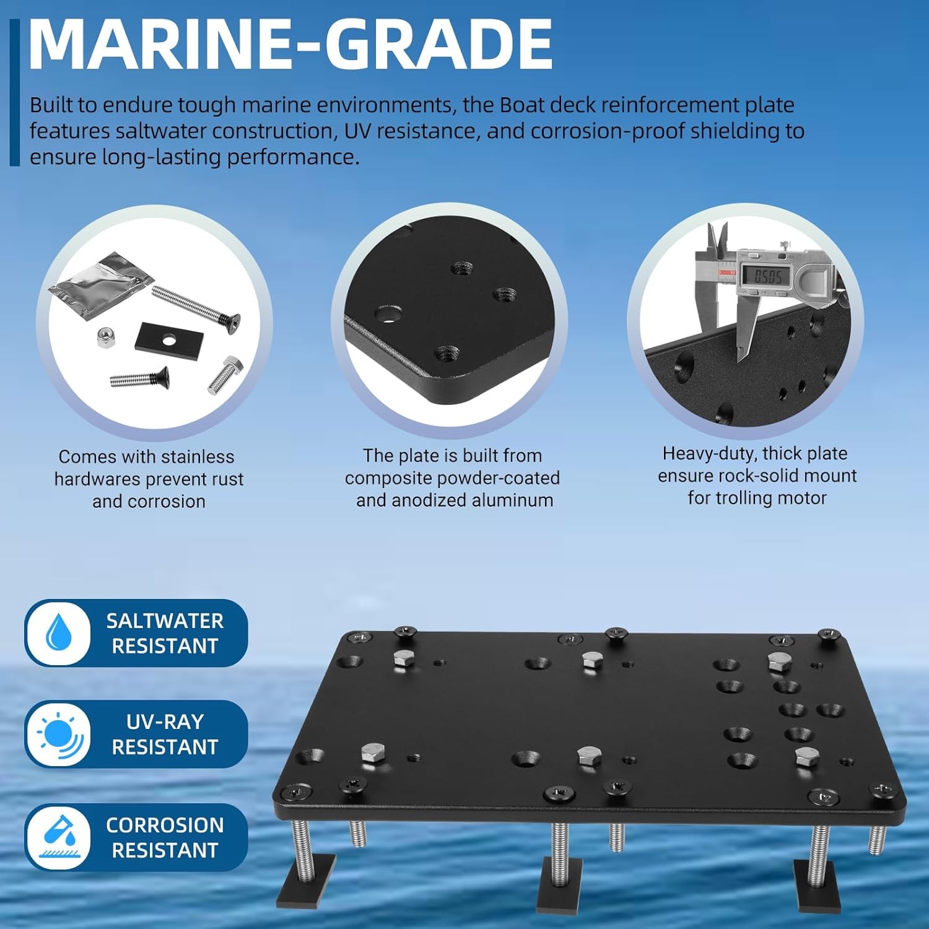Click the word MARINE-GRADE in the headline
click(290, 45)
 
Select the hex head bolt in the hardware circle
click(225, 374)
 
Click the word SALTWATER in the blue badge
click(165, 621)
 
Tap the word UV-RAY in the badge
click(165, 722)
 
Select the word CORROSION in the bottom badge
click(165, 825)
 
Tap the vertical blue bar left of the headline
click(15, 92)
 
